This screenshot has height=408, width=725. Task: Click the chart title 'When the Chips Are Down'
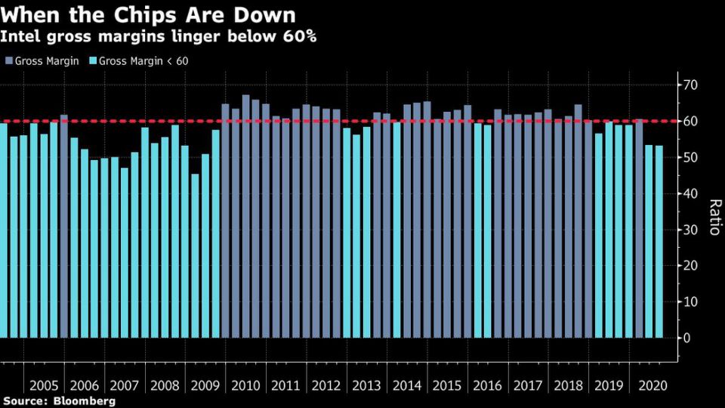148,14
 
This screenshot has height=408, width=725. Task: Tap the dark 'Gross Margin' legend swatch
9,60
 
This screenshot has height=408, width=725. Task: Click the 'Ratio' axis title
713,217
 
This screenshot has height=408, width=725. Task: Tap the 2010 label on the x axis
245,385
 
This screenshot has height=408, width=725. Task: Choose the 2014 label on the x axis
407,385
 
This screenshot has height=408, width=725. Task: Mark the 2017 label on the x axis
528,385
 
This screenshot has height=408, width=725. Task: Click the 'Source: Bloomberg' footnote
58,401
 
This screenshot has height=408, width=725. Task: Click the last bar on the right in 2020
659,242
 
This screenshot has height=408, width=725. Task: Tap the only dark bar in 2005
63,226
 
